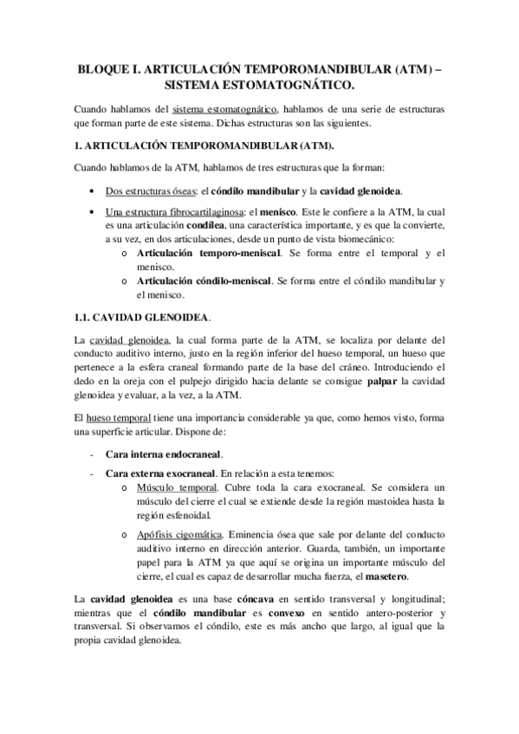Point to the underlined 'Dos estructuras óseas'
(x=151, y=190)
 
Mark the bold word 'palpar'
(x=361, y=382)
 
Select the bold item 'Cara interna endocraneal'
(x=164, y=454)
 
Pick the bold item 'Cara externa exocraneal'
(x=160, y=473)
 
